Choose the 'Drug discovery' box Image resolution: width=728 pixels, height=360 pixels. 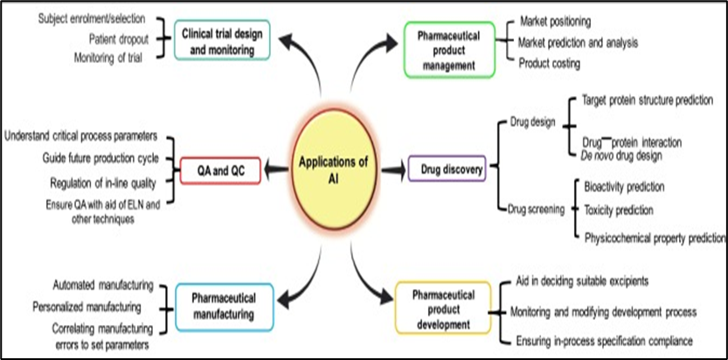(447, 168)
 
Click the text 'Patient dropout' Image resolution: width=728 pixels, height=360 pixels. (118, 38)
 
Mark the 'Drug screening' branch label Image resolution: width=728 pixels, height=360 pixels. (537, 208)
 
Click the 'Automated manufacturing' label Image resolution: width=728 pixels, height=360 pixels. (102, 286)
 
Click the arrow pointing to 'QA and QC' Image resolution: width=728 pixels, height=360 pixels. (278, 168)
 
